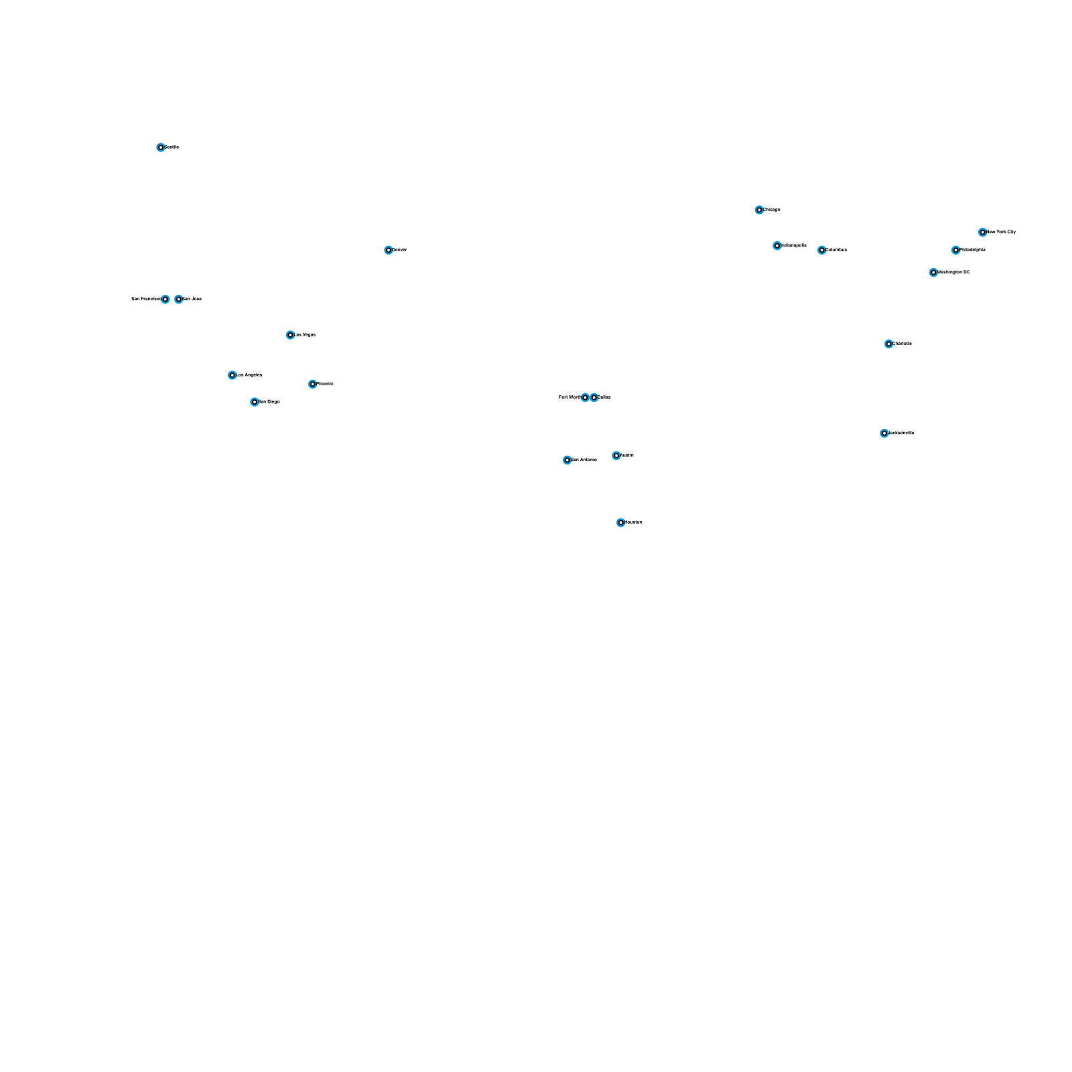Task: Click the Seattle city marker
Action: [x=161, y=147]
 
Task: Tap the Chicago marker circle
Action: [x=759, y=210]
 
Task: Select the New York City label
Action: [x=1002, y=232]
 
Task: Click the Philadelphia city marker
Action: [x=956, y=250]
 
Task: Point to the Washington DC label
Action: [x=954, y=273]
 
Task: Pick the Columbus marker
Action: [x=822, y=250]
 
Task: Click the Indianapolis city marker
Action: [x=777, y=246]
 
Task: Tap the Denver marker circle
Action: [x=389, y=250]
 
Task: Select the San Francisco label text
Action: [x=145, y=299]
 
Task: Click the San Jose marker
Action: [x=179, y=299]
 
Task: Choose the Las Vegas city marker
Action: [x=290, y=335]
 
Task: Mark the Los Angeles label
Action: [x=249, y=375]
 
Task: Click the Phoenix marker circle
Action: [x=313, y=384]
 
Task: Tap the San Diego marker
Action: [x=255, y=402]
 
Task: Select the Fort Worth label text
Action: [x=569, y=397]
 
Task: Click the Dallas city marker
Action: [x=594, y=397]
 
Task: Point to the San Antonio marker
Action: [x=567, y=460]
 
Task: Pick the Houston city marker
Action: [x=621, y=523]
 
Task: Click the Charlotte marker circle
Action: [x=889, y=344]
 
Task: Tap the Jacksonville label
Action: [x=902, y=433]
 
